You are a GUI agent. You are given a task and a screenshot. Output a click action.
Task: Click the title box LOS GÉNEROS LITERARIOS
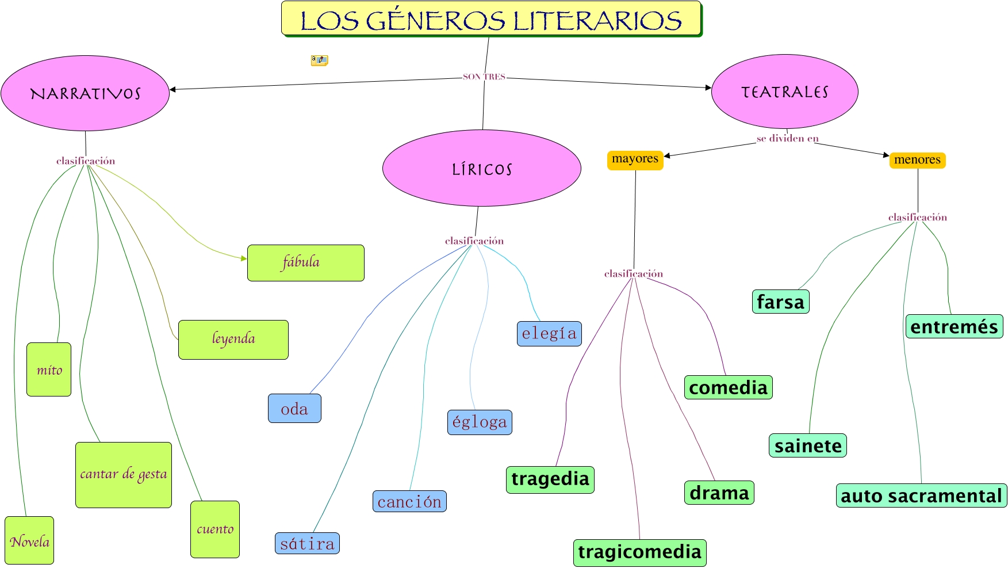[491, 19]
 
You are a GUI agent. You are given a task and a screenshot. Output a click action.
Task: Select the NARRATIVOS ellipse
[85, 93]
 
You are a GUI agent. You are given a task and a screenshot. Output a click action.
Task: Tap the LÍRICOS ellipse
[481, 168]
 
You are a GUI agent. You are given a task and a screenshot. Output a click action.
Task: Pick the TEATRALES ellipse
[784, 92]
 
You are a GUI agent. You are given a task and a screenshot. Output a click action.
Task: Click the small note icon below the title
[319, 60]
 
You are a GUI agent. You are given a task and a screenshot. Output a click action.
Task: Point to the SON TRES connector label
[484, 77]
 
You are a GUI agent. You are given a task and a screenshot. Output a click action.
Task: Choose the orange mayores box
[635, 159]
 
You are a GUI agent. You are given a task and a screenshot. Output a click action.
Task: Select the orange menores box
[917, 160]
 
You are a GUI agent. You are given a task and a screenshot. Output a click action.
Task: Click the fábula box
[305, 263]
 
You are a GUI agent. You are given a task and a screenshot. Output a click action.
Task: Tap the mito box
[49, 369]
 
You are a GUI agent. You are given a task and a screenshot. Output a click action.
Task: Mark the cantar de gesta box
[124, 475]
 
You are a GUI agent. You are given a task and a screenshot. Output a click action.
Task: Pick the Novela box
[29, 540]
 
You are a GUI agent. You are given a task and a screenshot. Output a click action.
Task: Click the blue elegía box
[549, 334]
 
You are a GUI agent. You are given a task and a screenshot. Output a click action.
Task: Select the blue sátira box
[307, 543]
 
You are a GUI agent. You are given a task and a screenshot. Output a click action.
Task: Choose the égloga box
[480, 422]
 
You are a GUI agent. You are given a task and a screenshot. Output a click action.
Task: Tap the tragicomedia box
[639, 552]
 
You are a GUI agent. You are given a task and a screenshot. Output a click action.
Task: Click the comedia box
[728, 387]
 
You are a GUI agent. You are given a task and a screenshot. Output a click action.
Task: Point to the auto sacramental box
[921, 495]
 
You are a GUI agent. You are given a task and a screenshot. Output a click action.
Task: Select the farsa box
[780, 302]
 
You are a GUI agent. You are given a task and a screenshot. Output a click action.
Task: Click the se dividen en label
[787, 139]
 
